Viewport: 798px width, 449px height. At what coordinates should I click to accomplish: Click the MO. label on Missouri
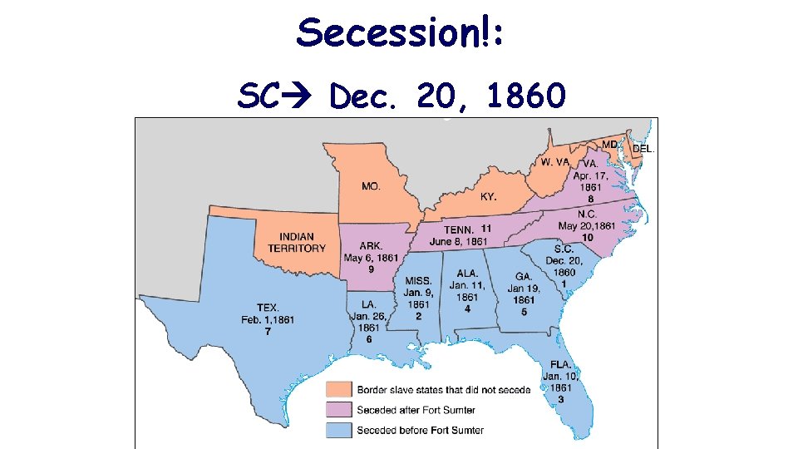(x=371, y=186)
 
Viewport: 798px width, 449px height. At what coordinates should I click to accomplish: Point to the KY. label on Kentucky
(x=489, y=197)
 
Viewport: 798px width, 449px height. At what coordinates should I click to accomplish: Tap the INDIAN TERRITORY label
(x=297, y=243)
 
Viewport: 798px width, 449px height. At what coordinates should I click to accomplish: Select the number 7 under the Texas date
(x=268, y=332)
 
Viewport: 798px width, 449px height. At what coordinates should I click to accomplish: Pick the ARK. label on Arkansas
(x=371, y=245)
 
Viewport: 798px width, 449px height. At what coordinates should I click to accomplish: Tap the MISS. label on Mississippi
(x=418, y=280)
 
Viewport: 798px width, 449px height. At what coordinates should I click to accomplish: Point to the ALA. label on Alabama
(x=467, y=273)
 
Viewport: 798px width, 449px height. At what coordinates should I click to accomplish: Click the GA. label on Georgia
(x=524, y=276)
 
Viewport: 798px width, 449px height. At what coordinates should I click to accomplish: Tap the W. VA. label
(x=554, y=162)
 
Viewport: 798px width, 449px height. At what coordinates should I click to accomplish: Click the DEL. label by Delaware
(x=644, y=150)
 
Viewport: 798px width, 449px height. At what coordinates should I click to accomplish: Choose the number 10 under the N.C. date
(x=587, y=237)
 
